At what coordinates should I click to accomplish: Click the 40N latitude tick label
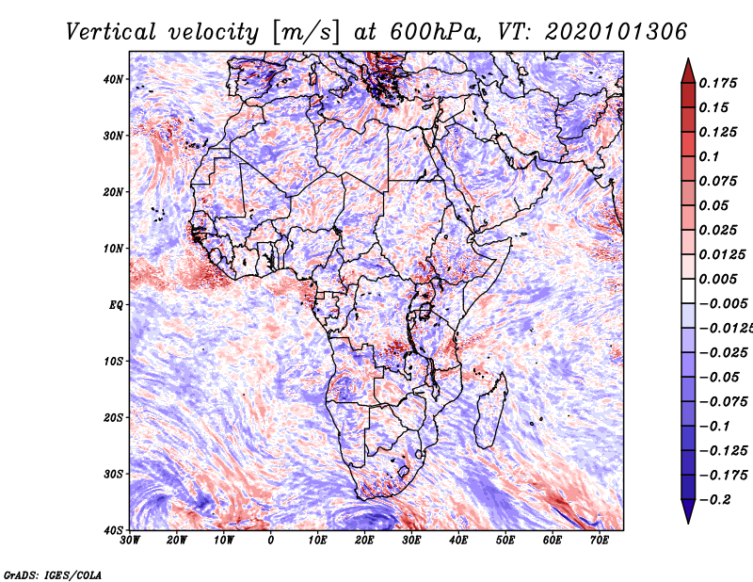click(113, 79)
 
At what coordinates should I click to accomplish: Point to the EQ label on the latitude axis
click(116, 305)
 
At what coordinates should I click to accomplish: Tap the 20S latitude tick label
click(113, 417)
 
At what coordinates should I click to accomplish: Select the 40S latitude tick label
click(113, 530)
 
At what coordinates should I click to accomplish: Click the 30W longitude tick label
click(130, 541)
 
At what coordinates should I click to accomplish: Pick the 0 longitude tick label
click(271, 541)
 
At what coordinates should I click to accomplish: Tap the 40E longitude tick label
click(458, 541)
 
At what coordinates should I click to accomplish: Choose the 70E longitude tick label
click(600, 541)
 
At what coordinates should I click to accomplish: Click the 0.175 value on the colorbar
click(718, 84)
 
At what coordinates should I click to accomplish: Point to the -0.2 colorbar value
click(715, 500)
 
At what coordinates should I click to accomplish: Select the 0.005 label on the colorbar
click(718, 279)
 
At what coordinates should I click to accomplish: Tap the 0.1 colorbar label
click(709, 156)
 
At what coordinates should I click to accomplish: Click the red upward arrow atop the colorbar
click(688, 72)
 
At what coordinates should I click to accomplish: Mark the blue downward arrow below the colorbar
click(688, 511)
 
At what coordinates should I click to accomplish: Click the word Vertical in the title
click(110, 32)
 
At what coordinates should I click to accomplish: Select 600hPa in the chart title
click(435, 32)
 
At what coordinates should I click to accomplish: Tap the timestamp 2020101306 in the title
click(617, 32)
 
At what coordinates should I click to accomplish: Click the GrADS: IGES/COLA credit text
click(53, 575)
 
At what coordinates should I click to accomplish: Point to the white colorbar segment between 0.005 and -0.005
click(688, 291)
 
